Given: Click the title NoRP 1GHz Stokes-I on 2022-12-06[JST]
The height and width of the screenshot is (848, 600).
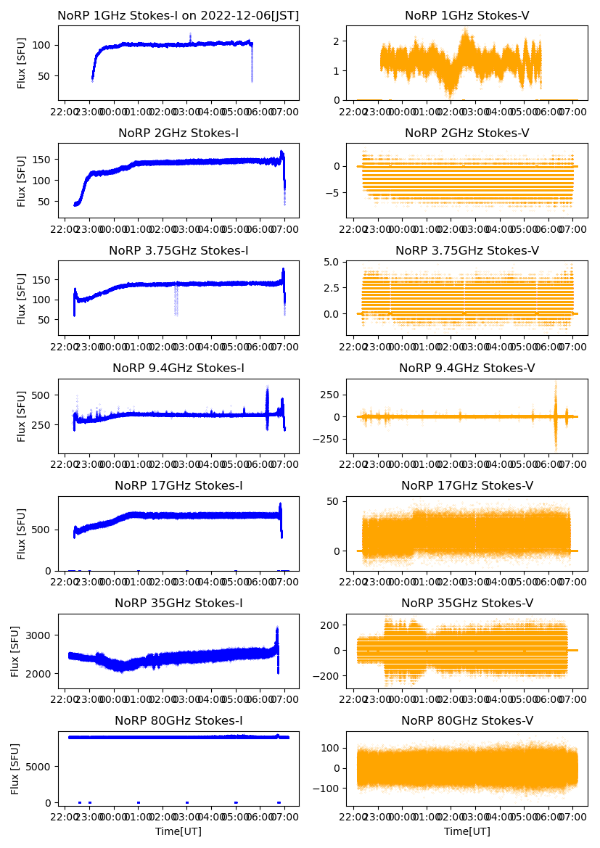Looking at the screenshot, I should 178,15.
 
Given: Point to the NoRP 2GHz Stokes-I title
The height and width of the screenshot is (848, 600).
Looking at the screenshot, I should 178,133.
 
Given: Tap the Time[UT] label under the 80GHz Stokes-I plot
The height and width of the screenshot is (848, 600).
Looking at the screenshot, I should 178,831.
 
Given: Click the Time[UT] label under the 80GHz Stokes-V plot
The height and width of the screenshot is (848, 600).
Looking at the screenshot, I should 467,831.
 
